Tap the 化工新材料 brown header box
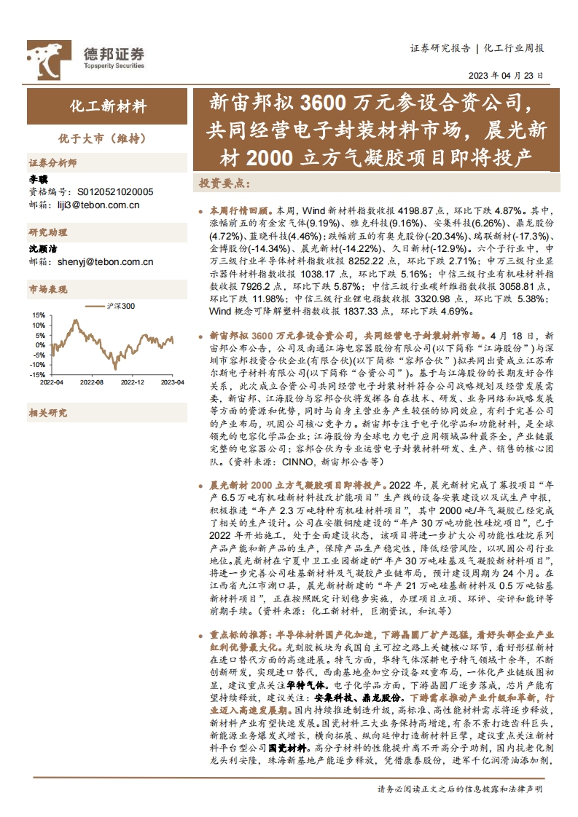tap(108, 106)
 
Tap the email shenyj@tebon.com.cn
tap(98, 262)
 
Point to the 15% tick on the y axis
tap(37, 315)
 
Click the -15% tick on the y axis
tap(36, 375)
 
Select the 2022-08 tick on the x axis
tap(92, 382)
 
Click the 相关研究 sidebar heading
tap(48, 413)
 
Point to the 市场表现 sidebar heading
tap(48, 291)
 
